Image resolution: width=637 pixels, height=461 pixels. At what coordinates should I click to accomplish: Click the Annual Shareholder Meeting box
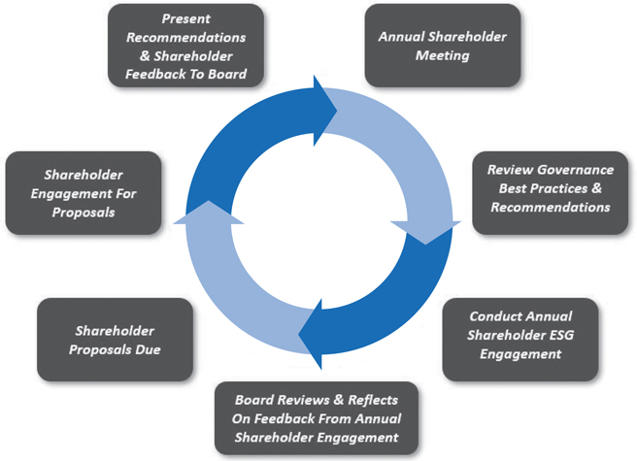coord(442,46)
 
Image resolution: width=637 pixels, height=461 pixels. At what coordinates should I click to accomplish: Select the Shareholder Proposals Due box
coord(115,341)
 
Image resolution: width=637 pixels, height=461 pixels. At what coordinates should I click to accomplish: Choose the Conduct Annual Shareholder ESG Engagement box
coord(520,337)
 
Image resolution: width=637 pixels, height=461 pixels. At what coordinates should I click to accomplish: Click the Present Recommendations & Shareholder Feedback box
coord(185,45)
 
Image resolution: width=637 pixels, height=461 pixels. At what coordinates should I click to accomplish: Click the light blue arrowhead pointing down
coord(427,231)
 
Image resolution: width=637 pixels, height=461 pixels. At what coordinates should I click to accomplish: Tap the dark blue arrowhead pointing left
coord(313,336)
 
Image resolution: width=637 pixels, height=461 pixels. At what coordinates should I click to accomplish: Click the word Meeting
coord(443,55)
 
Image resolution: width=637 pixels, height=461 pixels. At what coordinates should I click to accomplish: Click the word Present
coord(184,18)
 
